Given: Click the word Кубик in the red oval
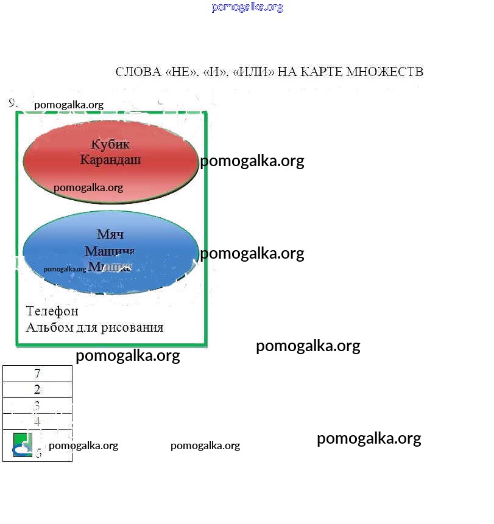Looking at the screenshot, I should [x=110, y=145].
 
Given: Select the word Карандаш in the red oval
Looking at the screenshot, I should [x=110, y=161].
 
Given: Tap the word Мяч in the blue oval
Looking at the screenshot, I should [x=110, y=235].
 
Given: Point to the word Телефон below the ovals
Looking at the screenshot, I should [x=52, y=312].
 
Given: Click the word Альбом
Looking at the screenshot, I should [x=46, y=327].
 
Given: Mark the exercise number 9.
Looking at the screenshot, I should [x=13, y=103].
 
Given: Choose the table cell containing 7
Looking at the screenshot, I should [x=37, y=374].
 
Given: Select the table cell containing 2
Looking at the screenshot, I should [x=37, y=390].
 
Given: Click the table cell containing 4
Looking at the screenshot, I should [x=37, y=421].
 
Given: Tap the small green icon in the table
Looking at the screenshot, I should [x=23, y=445].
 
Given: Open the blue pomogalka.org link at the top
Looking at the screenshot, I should [x=247, y=7].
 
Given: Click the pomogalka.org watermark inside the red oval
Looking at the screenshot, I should [x=88, y=187].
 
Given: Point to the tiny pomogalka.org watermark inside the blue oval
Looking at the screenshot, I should [x=65, y=268].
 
